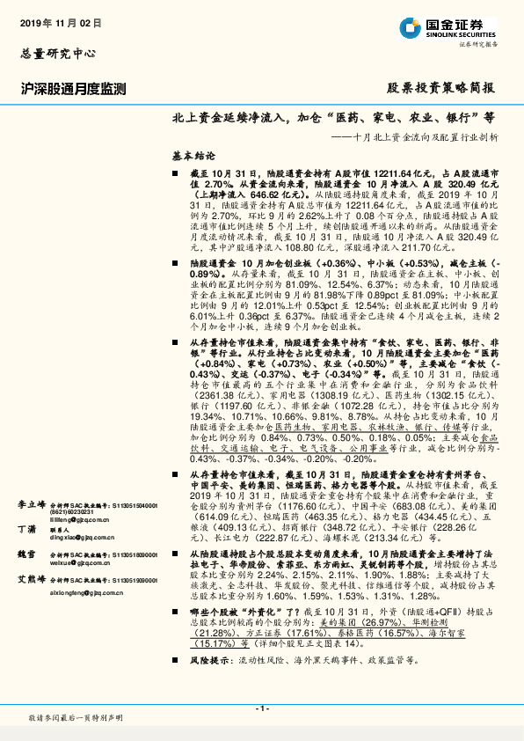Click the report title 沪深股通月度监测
click(x=74, y=89)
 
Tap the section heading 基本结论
click(x=193, y=153)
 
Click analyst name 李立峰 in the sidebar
click(x=33, y=481)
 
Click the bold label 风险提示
click(x=209, y=682)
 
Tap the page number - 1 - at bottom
click(x=261, y=709)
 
